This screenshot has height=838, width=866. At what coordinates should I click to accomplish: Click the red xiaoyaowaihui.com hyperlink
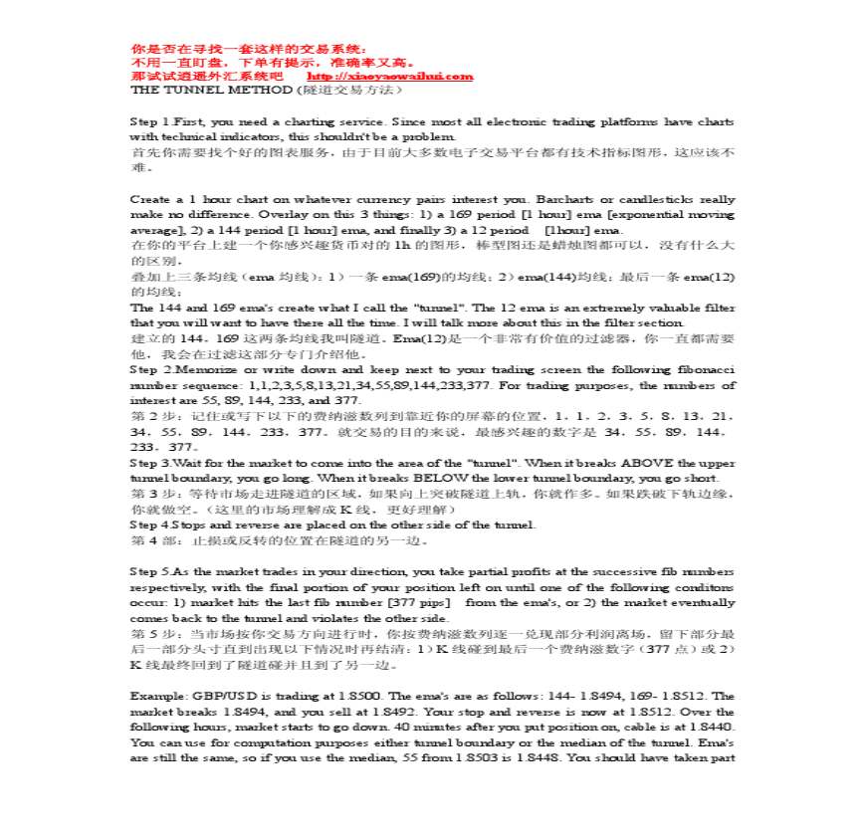[x=390, y=77]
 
